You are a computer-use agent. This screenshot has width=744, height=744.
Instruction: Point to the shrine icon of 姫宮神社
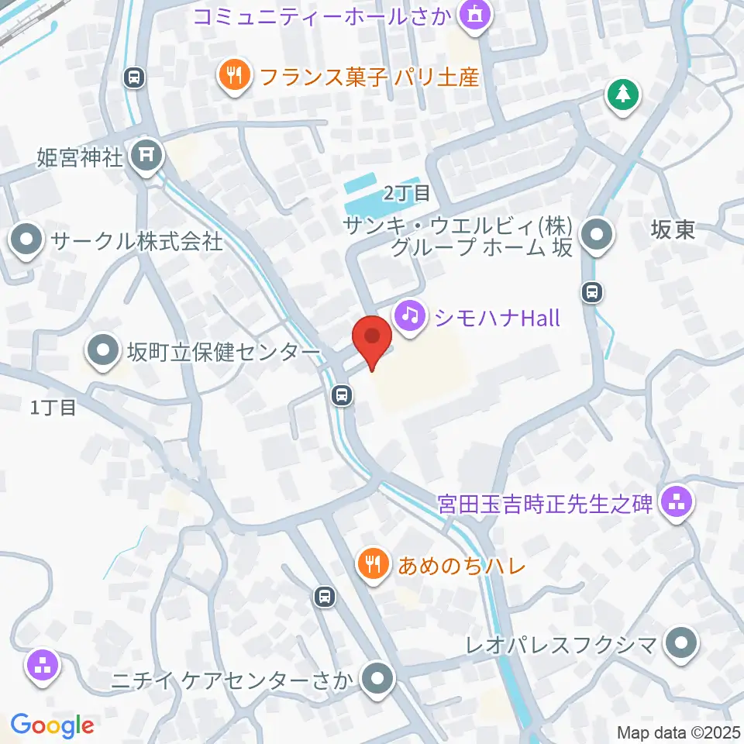(x=145, y=156)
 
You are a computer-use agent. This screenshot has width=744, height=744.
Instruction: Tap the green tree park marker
(x=622, y=95)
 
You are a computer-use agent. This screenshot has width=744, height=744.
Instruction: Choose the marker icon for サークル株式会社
(x=27, y=241)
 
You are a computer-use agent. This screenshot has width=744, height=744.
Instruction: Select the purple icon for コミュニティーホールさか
(x=473, y=14)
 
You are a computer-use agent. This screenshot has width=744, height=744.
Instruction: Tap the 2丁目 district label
(x=407, y=193)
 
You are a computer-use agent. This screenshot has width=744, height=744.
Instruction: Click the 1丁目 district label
(x=53, y=407)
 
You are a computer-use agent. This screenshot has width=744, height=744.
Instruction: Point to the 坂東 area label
(x=673, y=230)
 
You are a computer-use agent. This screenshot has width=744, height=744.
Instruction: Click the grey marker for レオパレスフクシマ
(x=682, y=642)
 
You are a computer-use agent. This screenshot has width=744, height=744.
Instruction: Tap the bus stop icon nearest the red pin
(x=341, y=396)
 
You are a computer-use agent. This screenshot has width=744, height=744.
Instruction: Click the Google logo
(x=52, y=725)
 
